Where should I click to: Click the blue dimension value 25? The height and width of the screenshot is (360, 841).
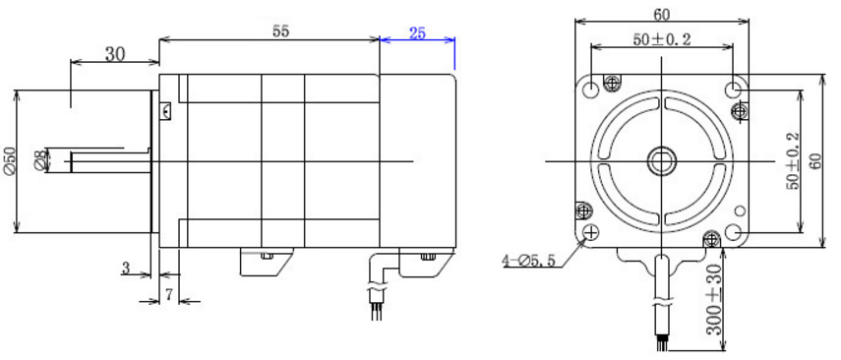point(417,32)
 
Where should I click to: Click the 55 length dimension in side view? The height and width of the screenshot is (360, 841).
point(280,31)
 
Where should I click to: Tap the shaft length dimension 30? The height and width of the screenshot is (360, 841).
point(115,54)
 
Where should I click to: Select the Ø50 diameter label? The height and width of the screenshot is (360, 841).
point(10,161)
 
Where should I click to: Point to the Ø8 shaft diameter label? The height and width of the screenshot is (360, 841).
point(40,161)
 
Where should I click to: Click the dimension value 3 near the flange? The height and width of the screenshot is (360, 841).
point(126,268)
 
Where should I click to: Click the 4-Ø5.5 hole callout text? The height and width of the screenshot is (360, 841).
point(530,262)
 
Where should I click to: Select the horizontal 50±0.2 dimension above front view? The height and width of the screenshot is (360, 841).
point(661,39)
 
